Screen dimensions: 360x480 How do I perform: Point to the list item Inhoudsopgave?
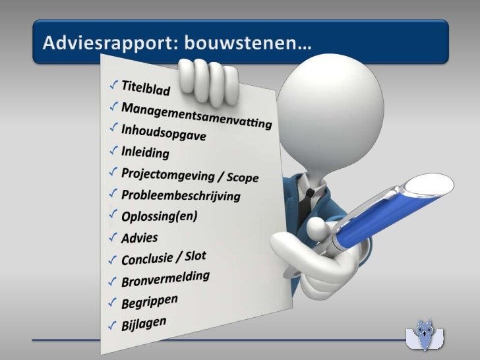[x=164, y=132]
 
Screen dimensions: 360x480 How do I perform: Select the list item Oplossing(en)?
[x=160, y=216]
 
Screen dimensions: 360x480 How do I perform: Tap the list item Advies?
[x=140, y=237]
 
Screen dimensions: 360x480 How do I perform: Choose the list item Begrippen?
[x=150, y=302]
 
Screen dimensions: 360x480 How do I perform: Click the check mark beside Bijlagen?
[x=113, y=326]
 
